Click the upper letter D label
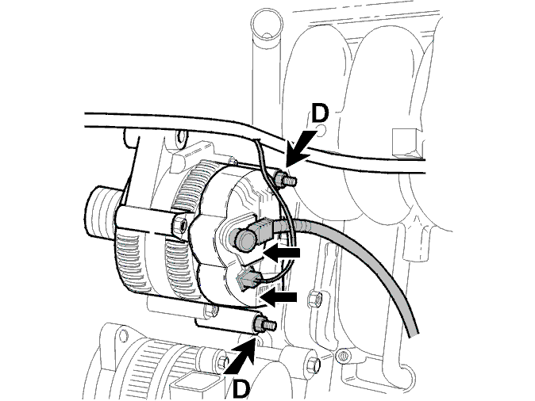coord(320,113)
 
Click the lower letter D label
coord(241,388)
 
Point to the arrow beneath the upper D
coord(298,148)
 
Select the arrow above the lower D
coord(241,355)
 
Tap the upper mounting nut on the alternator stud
coord(279,180)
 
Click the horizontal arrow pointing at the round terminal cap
coord(282,253)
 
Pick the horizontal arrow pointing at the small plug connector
coord(279,297)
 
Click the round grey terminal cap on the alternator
coord(243,239)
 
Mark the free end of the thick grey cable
coord(414,335)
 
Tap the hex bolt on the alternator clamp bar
coord(180,225)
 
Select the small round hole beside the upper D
coord(321,130)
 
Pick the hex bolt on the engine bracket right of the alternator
coord(314,299)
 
